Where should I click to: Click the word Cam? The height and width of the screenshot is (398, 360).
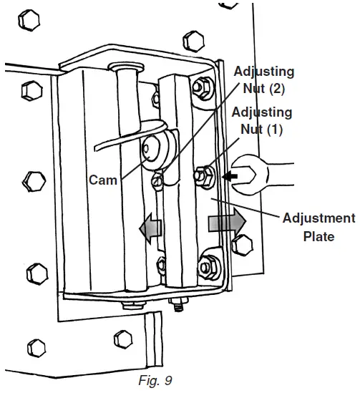[x=102, y=180]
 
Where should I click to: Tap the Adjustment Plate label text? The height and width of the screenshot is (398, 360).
[x=318, y=227]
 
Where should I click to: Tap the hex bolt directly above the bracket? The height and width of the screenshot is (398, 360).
[x=192, y=37]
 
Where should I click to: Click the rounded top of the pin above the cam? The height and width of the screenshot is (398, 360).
[x=125, y=67]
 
